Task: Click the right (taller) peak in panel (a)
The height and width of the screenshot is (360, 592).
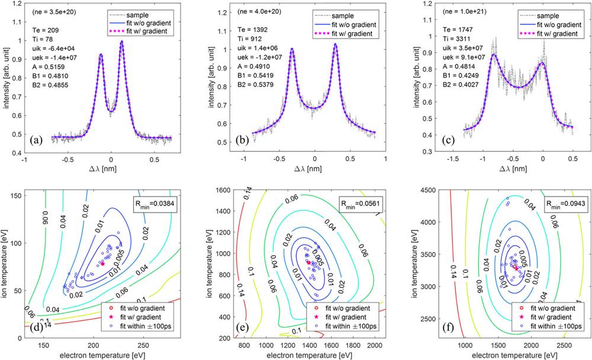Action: click(122, 41)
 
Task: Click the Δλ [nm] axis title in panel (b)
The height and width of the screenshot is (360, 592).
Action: click(314, 172)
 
